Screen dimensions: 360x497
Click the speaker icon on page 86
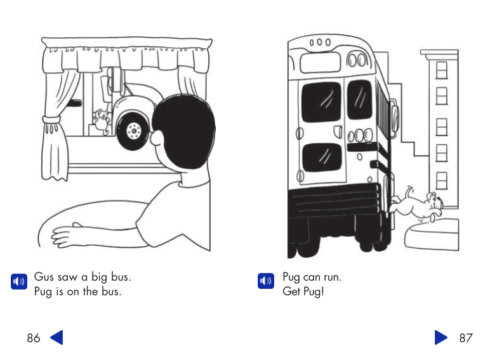tap(18, 281)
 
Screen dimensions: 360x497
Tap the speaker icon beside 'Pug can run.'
tap(265, 281)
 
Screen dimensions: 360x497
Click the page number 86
tap(34, 338)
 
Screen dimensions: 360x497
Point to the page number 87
tap(466, 338)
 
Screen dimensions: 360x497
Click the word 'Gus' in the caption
tap(44, 277)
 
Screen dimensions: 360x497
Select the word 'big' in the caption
tap(100, 277)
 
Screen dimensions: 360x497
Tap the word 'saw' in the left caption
tap(67, 277)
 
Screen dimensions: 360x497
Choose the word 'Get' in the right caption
tap(291, 292)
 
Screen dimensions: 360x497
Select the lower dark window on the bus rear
tap(321, 162)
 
